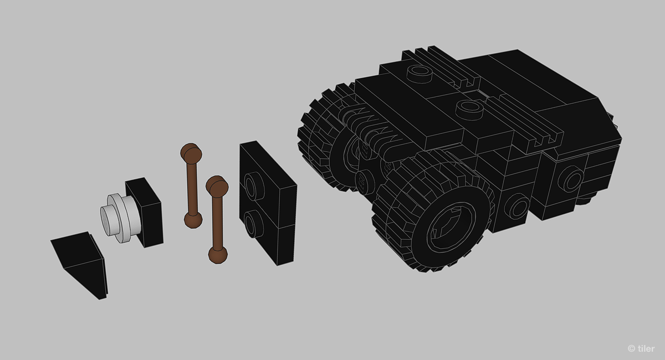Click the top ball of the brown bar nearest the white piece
(190, 152)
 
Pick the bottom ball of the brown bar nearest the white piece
(193, 219)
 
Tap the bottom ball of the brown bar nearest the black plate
(218, 254)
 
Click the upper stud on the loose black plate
(254, 185)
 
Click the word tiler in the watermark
(646, 348)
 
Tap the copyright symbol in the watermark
(631, 348)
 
